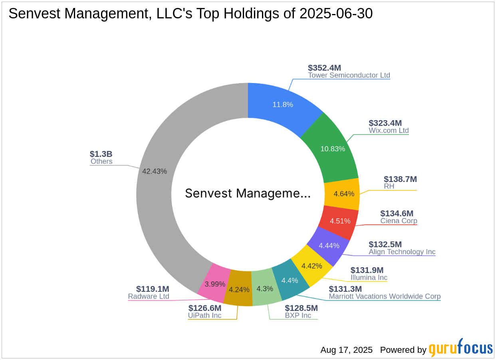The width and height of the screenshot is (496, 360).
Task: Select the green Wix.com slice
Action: click(x=332, y=148)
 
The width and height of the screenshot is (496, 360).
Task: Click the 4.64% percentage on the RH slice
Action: click(x=344, y=194)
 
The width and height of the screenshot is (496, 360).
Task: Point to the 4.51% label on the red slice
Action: click(x=340, y=221)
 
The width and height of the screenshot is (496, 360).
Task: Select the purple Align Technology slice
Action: click(x=329, y=245)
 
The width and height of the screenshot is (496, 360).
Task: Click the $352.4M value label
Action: click(x=324, y=68)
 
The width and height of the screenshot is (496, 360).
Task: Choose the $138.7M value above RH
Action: click(x=400, y=179)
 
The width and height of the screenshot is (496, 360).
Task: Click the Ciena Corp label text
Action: click(x=399, y=221)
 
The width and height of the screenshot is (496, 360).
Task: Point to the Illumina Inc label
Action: click(x=369, y=277)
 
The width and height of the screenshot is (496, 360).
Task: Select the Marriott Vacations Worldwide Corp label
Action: click(x=385, y=296)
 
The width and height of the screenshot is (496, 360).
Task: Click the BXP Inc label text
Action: click(x=298, y=315)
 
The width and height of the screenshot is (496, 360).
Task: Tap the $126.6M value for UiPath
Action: click(x=204, y=308)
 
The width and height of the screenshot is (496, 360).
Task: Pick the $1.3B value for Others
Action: click(x=101, y=154)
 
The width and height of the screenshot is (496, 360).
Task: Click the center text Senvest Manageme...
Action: click(x=248, y=194)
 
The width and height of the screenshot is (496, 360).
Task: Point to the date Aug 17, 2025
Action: click(x=346, y=350)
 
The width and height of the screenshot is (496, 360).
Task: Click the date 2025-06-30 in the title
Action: click(x=334, y=14)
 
